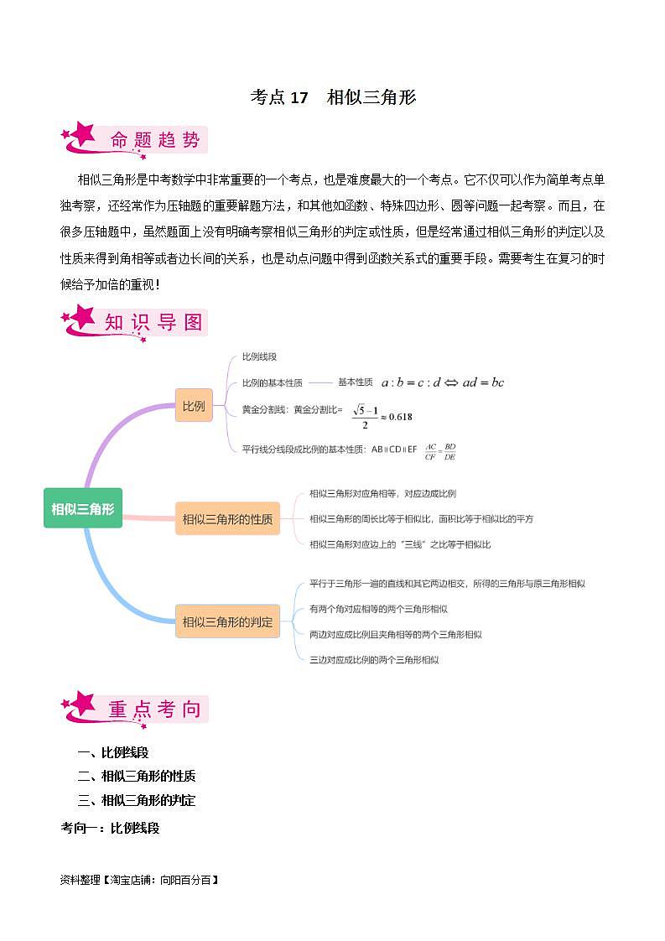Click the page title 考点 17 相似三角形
(333, 97)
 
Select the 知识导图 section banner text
(154, 322)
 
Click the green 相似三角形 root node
(82, 508)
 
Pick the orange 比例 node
(194, 406)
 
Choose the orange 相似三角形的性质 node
(227, 519)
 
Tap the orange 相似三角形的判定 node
(227, 622)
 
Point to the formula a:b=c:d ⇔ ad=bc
(442, 382)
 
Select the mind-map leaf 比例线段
(258, 357)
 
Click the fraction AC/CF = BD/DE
(440, 451)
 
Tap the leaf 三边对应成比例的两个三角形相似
(374, 660)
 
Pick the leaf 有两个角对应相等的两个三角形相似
(378, 609)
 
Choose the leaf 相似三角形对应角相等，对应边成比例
(382, 494)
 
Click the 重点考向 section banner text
(155, 710)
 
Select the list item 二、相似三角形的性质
(137, 777)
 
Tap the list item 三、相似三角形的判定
(137, 801)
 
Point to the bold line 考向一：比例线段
(110, 828)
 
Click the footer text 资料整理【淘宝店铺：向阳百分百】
(139, 881)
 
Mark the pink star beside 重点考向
(81, 705)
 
